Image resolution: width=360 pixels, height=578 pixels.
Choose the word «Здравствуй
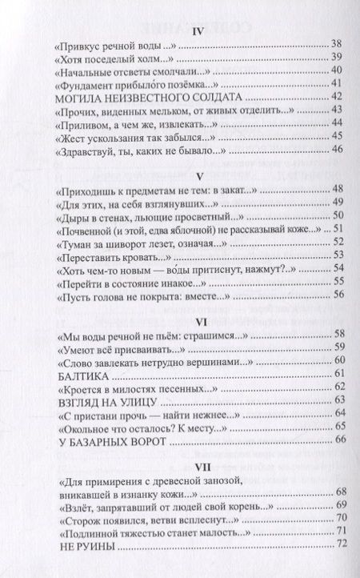(87, 147)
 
